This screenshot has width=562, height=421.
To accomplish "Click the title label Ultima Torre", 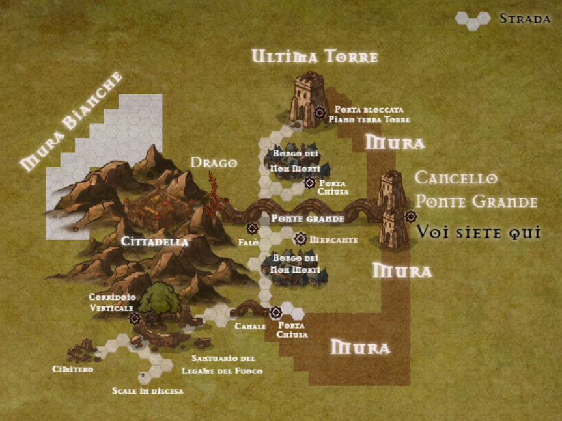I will click(x=315, y=57).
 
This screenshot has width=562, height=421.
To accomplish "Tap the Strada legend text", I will click(x=525, y=19).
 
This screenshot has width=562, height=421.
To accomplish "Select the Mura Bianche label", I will click(x=72, y=122).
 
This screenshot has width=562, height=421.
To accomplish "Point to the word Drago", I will click(x=213, y=162).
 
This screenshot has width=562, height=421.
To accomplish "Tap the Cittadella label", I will click(x=154, y=241).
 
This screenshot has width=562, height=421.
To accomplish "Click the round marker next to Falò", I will click(x=252, y=228).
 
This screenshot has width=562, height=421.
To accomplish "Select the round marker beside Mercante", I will click(x=300, y=239).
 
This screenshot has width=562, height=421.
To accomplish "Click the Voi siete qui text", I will click(x=479, y=232).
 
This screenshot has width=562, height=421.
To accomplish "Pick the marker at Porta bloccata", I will click(x=320, y=113).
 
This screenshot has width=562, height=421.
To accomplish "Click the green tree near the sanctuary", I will click(x=156, y=297).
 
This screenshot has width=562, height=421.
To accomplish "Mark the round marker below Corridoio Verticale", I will click(x=135, y=318).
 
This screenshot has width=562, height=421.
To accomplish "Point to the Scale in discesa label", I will click(x=148, y=391).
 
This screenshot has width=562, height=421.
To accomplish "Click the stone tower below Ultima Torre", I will click(x=307, y=98).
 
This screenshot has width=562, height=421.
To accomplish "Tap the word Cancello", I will click(x=456, y=178).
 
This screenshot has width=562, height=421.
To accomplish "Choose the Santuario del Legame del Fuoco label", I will click(x=223, y=364).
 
